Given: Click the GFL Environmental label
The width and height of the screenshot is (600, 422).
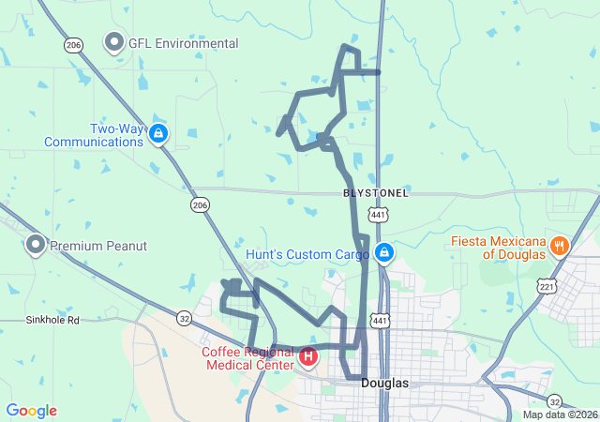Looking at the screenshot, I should click(x=185, y=43).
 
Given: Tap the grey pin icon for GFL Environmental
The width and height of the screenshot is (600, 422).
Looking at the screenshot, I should click(x=114, y=42).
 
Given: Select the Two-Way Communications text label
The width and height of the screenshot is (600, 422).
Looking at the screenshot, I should click(x=93, y=135).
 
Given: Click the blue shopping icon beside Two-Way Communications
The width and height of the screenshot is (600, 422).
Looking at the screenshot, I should click(x=158, y=135).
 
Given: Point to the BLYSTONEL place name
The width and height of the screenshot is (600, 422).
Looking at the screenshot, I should click(x=376, y=192).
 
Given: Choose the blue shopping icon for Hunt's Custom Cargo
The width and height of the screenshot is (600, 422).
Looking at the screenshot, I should click(x=383, y=252).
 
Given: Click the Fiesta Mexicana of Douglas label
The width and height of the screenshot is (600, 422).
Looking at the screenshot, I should click(x=498, y=248).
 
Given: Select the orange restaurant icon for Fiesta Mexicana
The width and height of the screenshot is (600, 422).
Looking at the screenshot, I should click(x=559, y=247).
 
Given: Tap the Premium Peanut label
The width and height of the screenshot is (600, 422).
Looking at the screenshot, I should click(x=98, y=246).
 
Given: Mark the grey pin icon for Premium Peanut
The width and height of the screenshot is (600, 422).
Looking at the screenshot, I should click(x=36, y=245).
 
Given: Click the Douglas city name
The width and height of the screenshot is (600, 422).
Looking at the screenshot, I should click(x=385, y=384).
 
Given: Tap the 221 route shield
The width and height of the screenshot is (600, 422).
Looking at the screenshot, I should click(x=546, y=285).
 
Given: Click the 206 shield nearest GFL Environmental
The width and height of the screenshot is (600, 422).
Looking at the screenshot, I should click(x=73, y=44).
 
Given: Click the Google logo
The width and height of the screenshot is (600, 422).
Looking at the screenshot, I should click(x=31, y=411).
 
